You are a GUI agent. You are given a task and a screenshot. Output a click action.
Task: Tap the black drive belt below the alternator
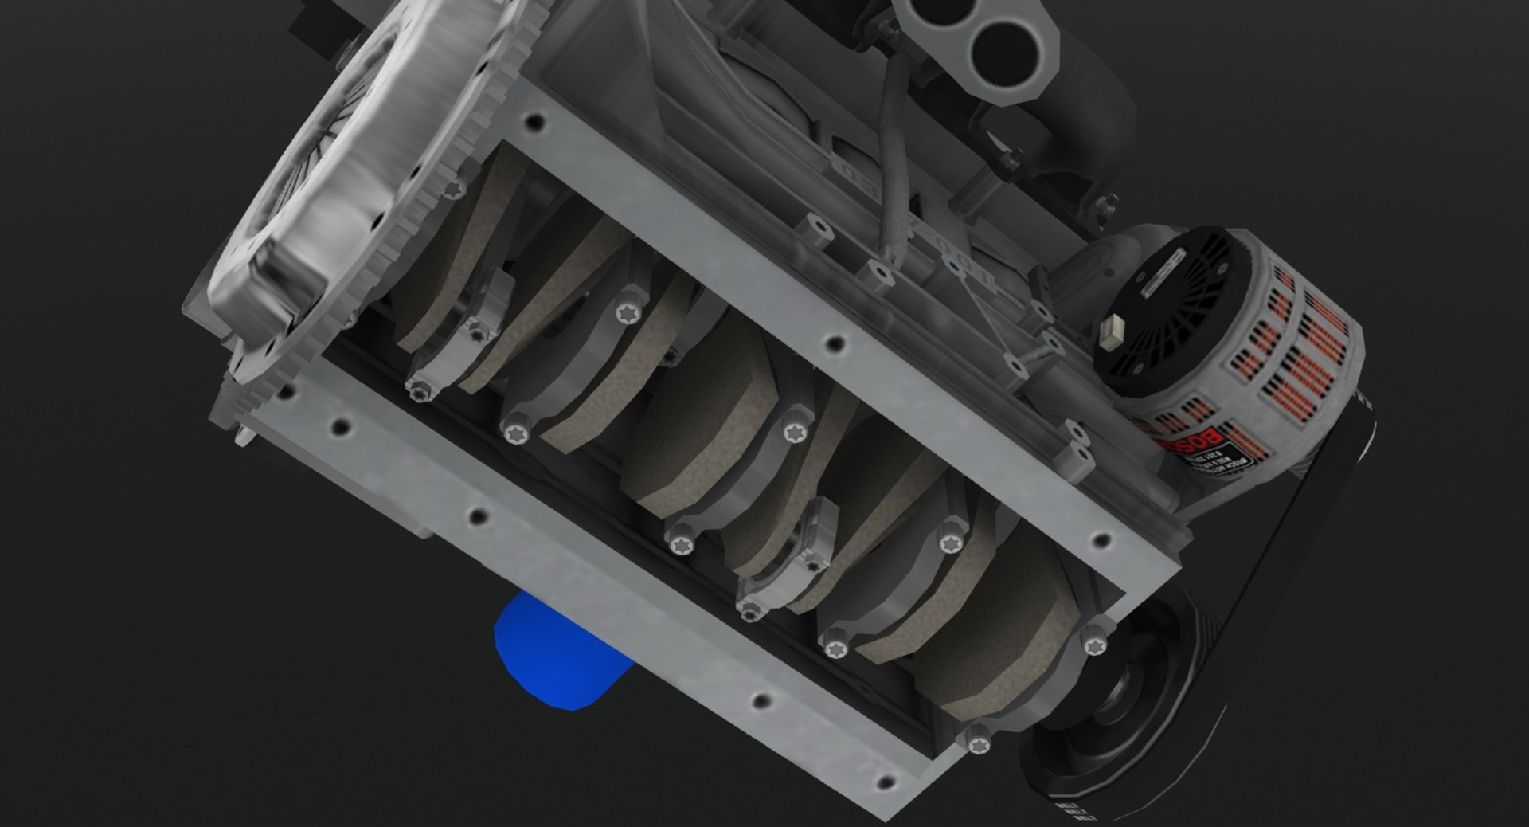(x=1274, y=558)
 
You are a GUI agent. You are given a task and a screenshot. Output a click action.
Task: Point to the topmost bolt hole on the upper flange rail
(x=536, y=123)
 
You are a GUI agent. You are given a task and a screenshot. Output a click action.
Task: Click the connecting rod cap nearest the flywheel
(x=458, y=351)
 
